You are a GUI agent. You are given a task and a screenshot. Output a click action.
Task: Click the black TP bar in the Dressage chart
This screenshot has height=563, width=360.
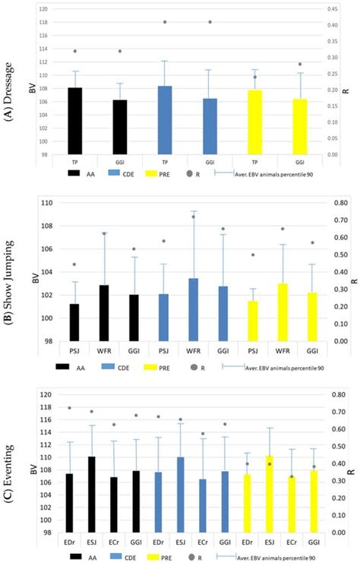click(75, 121)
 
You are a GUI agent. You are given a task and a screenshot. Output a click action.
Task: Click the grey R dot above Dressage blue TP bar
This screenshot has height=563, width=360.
click(165, 22)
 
